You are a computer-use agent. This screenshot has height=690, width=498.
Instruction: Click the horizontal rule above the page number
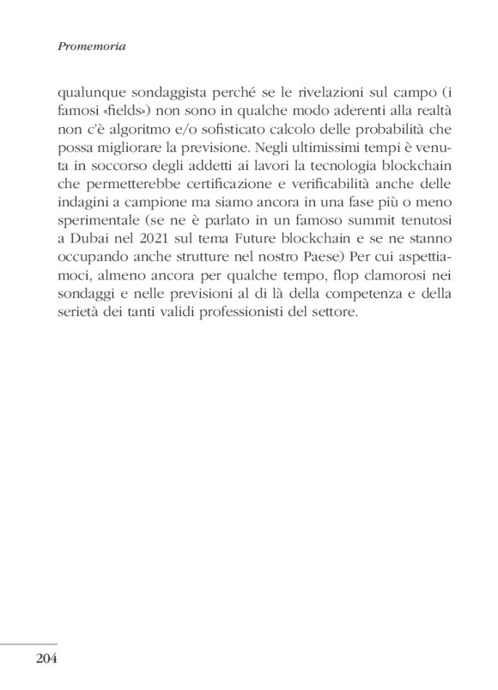tap(28, 644)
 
